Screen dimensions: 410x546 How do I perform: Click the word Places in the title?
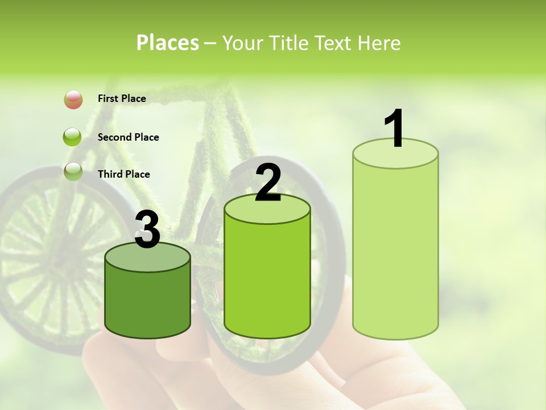click(167, 43)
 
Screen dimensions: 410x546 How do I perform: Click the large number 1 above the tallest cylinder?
click(395, 129)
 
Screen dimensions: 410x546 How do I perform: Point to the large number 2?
click(268, 183)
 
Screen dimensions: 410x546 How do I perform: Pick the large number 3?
click(147, 230)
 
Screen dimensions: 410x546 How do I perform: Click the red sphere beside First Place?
click(73, 99)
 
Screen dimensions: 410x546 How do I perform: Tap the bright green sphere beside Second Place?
click(73, 137)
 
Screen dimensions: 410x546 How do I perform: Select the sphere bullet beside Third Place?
click(73, 171)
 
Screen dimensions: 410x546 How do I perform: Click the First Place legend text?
click(122, 99)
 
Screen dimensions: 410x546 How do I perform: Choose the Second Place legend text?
click(128, 137)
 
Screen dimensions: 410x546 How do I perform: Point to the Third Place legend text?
click(123, 174)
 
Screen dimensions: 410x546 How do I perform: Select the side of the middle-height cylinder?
click(267, 279)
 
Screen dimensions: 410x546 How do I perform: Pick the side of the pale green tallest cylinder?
click(395, 251)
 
